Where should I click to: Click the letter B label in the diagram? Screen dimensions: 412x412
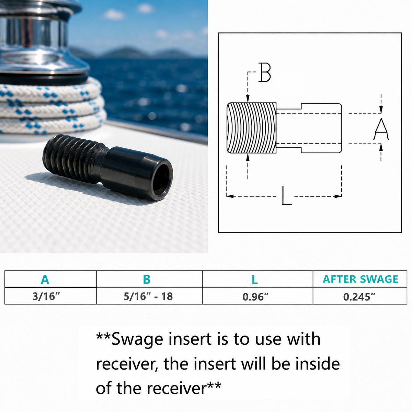(265, 72)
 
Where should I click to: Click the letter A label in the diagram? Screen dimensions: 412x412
(381, 129)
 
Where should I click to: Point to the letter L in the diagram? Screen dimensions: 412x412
(286, 196)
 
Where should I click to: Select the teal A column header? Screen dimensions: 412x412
(45, 279)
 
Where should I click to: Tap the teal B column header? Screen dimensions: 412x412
(147, 279)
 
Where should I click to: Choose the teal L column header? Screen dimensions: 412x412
(255, 279)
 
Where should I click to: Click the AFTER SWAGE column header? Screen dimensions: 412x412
(360, 279)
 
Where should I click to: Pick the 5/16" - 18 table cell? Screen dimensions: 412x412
(148, 296)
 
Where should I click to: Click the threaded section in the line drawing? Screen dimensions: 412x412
(251, 128)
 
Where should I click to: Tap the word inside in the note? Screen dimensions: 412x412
(318, 364)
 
